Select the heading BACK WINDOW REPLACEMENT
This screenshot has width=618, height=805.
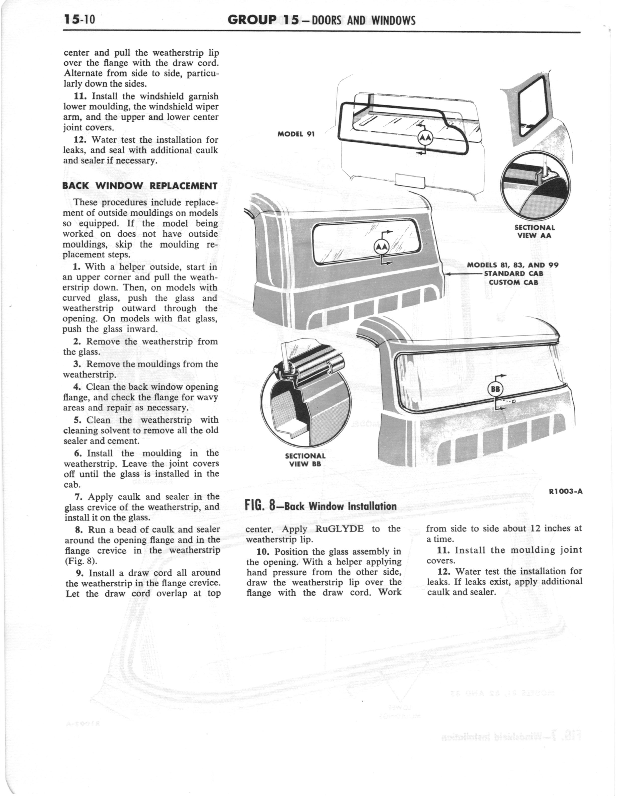(x=140, y=185)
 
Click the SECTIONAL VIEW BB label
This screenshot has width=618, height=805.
(x=305, y=460)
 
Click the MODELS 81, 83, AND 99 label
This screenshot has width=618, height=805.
(x=513, y=265)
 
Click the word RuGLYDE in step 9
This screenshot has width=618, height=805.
(x=340, y=529)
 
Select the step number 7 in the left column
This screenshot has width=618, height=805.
(x=78, y=497)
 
